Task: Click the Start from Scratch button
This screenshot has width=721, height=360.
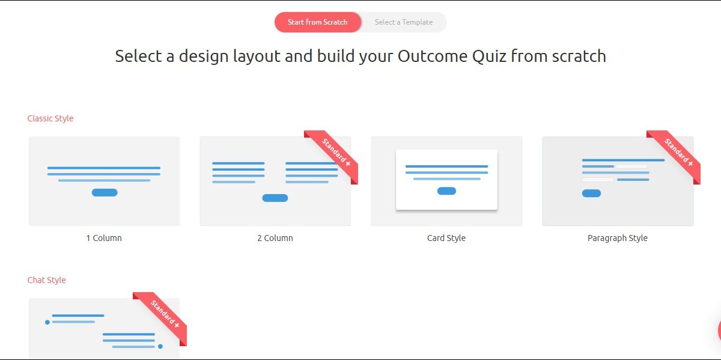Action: pos(318,22)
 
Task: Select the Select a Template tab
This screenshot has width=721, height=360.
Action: pos(404,22)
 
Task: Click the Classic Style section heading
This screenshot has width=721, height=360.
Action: pos(50,118)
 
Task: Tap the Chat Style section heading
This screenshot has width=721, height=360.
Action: pos(47,280)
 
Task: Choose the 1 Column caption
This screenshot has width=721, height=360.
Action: pos(104,238)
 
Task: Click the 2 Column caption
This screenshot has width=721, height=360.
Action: pos(275,238)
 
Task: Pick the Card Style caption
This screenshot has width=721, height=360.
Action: pos(446,238)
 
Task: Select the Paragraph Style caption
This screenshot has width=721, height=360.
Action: pos(618,238)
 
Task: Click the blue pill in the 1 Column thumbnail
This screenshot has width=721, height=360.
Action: pos(105,192)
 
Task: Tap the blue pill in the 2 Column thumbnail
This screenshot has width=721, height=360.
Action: pos(275,198)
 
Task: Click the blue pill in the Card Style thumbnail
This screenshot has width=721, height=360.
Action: pos(447,191)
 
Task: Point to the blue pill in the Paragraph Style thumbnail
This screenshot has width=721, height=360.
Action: pos(591,193)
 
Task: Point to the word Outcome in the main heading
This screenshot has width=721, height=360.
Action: pos(433,56)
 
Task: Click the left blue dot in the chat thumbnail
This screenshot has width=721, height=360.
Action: pos(47,322)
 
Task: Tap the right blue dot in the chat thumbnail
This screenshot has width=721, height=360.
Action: pos(160,346)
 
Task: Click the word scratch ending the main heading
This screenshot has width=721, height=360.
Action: pos(579,56)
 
